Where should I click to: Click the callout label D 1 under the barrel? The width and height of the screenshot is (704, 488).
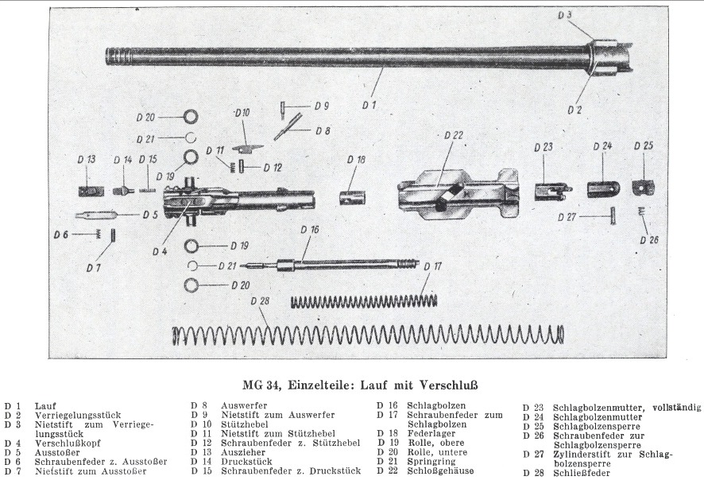pyautogui.click(x=369, y=105)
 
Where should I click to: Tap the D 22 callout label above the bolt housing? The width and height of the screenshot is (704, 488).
pyautogui.click(x=454, y=135)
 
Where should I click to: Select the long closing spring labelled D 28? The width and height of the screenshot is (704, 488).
pyautogui.click(x=369, y=335)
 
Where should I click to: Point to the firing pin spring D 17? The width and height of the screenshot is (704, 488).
pyautogui.click(x=364, y=300)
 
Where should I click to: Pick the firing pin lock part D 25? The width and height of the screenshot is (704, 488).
pyautogui.click(x=644, y=188)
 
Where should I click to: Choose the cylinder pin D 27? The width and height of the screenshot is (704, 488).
pyautogui.click(x=613, y=216)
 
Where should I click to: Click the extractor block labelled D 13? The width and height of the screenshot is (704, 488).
pyautogui.click(x=91, y=191)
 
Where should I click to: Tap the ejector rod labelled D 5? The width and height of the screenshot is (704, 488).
pyautogui.click(x=96, y=215)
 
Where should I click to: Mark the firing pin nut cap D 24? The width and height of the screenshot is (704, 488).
pyautogui.click(x=603, y=188)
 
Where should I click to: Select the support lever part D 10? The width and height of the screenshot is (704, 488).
pyautogui.click(x=248, y=148)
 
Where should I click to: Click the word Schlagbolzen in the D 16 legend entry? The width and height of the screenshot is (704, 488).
pyautogui.click(x=436, y=406)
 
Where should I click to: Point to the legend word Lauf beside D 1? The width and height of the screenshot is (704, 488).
pyautogui.click(x=45, y=407)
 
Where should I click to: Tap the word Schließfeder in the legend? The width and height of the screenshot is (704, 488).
pyautogui.click(x=582, y=473)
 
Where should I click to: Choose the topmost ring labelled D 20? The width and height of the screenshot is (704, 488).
pyautogui.click(x=191, y=117)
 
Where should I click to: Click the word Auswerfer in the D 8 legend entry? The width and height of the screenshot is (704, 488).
pyautogui.click(x=244, y=406)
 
